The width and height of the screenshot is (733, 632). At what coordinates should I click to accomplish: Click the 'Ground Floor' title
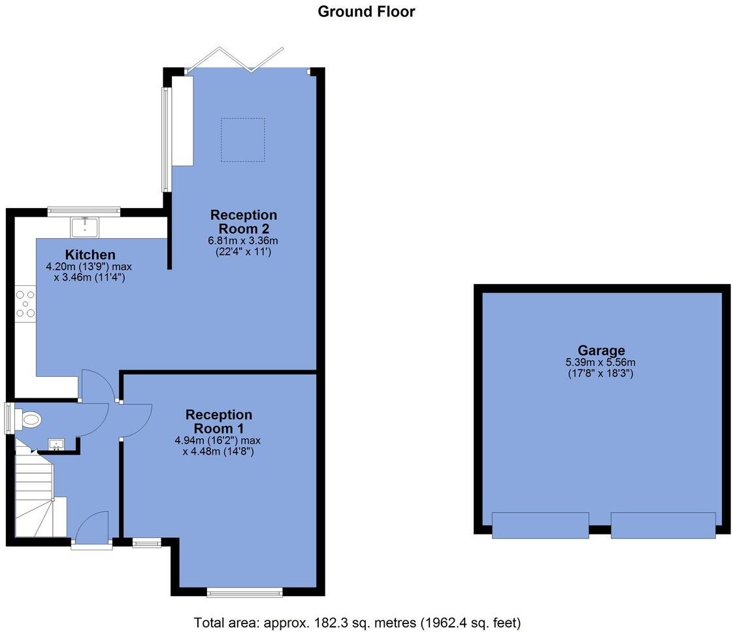366,11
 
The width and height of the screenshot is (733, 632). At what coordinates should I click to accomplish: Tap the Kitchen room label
90,255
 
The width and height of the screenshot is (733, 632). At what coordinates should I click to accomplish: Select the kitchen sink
84,227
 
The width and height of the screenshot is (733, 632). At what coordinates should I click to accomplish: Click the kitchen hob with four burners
25,304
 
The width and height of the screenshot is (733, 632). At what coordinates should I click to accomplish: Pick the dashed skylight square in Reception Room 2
242,139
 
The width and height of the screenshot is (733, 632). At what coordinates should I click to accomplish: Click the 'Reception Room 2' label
243,222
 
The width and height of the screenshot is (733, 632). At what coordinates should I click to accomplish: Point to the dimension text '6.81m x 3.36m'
243,241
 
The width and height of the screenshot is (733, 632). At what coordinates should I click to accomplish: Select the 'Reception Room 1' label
218,421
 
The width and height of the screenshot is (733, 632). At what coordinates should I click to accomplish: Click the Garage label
601,350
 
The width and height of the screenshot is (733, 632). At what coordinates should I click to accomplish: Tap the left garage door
540,525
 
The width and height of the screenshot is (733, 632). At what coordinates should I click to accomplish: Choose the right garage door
662,525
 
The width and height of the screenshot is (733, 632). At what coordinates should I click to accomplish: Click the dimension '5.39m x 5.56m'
601,362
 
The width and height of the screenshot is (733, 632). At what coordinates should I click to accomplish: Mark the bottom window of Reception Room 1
244,592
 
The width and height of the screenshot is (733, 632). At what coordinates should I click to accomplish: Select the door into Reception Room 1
136,419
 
